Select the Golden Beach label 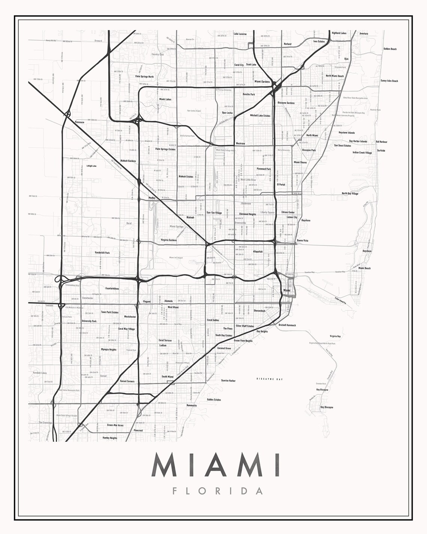pos(390,49)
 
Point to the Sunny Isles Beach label pos(389,81)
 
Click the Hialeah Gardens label pos(128,161)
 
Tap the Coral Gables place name pos(213,320)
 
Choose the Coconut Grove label pos(224,349)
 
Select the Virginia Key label pos(335,337)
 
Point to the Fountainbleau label pos(112,289)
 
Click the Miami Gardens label pos(262,81)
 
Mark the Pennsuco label pos(80,122)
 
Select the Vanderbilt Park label pos(102,253)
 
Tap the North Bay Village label pos(350,194)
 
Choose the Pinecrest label pos(138,431)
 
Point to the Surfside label pos(381,151)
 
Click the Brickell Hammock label pos(287,325)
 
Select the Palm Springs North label pos(145,76)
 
